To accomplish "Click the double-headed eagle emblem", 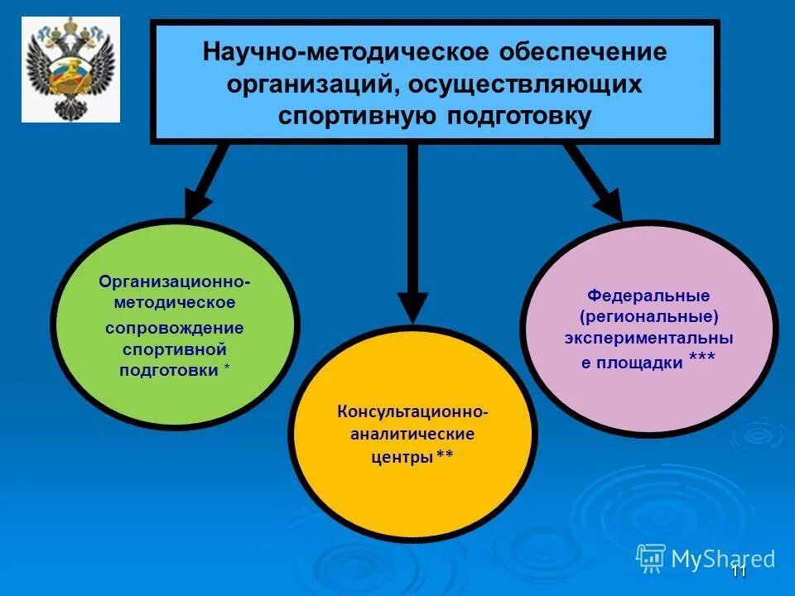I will (70, 70).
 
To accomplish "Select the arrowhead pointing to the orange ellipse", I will (412, 306).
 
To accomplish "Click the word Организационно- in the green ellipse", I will (175, 281).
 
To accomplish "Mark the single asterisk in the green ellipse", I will (227, 368).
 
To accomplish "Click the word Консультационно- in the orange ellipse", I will (412, 411).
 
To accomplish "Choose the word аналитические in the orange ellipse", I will (412, 434).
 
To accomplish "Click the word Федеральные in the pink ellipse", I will (649, 296).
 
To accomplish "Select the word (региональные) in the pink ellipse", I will (649, 317).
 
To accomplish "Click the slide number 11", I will (740, 572).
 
